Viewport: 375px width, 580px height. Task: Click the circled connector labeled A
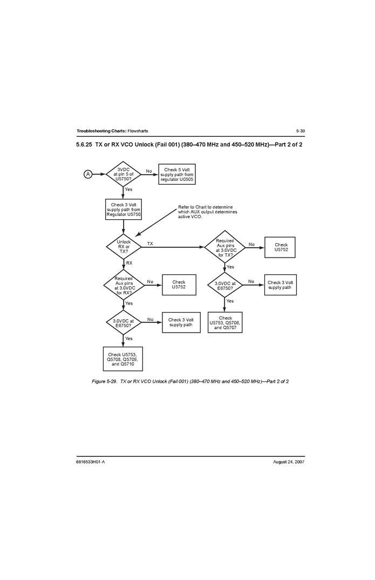pyautogui.click(x=87, y=174)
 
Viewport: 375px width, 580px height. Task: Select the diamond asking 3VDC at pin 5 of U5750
pyautogui.click(x=123, y=174)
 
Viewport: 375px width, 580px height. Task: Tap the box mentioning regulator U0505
pyautogui.click(x=176, y=174)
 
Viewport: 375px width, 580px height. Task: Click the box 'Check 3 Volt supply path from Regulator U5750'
pyautogui.click(x=124, y=210)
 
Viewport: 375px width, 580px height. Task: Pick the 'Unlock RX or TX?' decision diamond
pyautogui.click(x=124, y=247)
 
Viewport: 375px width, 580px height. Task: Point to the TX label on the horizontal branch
pyautogui.click(x=150, y=244)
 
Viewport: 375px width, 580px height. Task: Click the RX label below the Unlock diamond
pyautogui.click(x=129, y=262)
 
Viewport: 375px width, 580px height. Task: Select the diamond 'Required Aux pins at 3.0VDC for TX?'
pyautogui.click(x=224, y=247)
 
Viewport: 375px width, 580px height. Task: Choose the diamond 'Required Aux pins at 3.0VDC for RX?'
pyautogui.click(x=124, y=285)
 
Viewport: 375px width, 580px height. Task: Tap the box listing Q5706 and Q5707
pyautogui.click(x=225, y=322)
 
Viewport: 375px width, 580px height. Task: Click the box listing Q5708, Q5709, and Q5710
pyautogui.click(x=123, y=359)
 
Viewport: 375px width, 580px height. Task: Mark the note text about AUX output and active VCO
pyautogui.click(x=207, y=212)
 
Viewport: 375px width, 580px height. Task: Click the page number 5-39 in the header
pyautogui.click(x=301, y=131)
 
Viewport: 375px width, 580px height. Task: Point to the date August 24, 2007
pyautogui.click(x=289, y=462)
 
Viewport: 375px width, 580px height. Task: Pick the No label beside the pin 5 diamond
pyautogui.click(x=149, y=171)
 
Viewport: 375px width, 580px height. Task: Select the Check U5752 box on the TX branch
pyautogui.click(x=281, y=247)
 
